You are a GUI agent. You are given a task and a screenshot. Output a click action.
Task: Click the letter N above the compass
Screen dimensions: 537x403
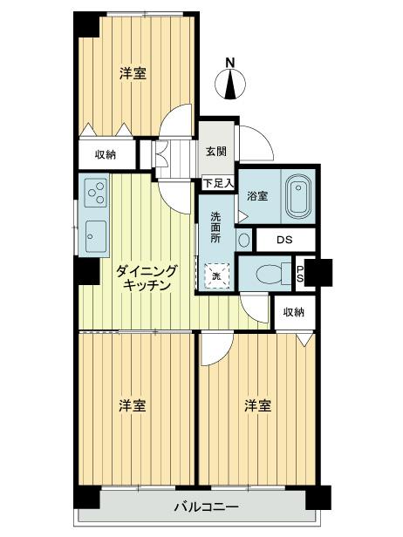(230, 62)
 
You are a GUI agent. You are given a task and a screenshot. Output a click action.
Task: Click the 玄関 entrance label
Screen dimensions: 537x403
(216, 150)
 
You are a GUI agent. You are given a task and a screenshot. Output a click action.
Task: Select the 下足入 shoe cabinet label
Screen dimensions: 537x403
(217, 183)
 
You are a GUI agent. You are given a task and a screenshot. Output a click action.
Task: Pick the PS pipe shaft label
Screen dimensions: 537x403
(300, 274)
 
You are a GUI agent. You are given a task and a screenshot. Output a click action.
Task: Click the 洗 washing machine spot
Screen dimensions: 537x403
(218, 275)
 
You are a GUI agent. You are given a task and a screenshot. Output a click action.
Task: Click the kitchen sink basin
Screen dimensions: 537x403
(96, 233)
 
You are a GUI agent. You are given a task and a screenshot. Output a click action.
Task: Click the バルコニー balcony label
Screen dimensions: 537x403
(206, 506)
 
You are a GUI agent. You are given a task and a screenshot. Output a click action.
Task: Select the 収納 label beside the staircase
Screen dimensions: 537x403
(106, 154)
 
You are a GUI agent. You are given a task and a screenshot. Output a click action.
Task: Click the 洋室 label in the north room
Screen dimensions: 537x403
(132, 75)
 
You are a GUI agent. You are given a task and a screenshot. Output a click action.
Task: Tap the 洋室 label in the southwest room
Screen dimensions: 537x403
(132, 405)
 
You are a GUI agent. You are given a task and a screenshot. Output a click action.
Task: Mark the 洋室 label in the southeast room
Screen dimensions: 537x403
(256, 405)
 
